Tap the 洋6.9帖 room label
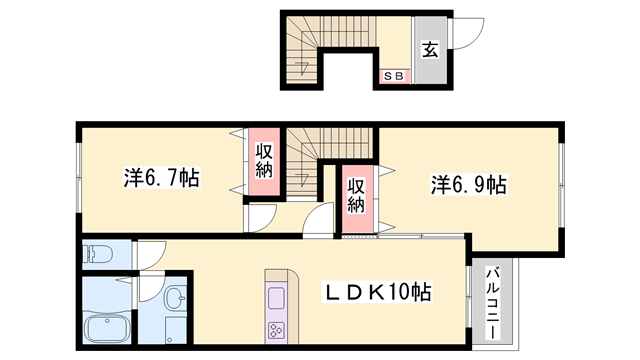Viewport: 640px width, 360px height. [x=468, y=184]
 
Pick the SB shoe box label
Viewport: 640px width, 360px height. [x=392, y=74]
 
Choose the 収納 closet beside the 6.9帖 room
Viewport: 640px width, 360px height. [x=356, y=195]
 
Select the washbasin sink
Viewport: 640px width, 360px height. [x=175, y=297]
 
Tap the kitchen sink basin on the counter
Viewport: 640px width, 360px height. [x=275, y=297]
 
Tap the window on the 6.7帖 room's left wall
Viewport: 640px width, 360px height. [x=78, y=179]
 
